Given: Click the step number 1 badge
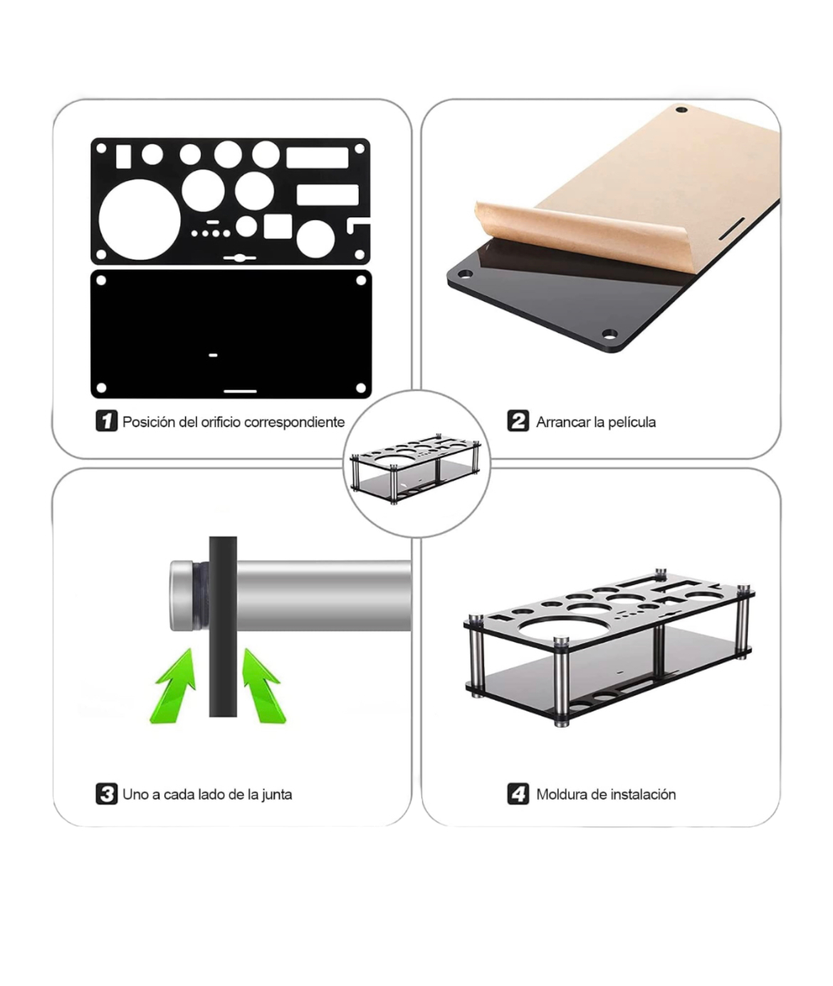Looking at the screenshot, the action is click(x=106, y=420).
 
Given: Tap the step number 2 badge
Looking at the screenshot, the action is click(x=518, y=420).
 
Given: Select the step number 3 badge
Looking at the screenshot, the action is click(x=106, y=794).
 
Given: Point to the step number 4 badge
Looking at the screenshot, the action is click(x=518, y=794).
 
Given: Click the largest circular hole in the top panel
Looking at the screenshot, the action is click(x=140, y=219).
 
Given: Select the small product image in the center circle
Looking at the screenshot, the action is click(x=416, y=468).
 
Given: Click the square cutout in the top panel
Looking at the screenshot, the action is click(x=278, y=226).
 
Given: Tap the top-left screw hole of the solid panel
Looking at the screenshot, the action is click(x=101, y=280).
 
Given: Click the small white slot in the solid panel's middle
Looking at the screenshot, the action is click(x=213, y=355).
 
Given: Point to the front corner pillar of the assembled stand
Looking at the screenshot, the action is click(x=561, y=682).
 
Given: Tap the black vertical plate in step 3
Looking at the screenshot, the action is click(x=223, y=626).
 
